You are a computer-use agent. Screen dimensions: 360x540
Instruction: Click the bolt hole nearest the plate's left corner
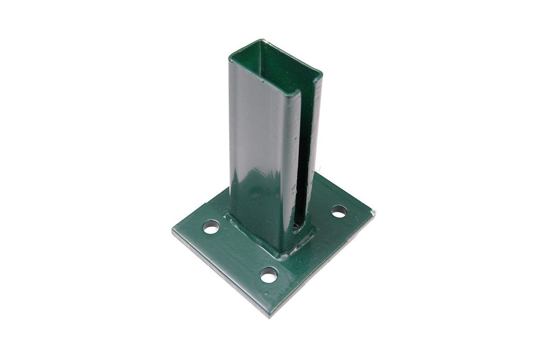pyautogui.click(x=211, y=227)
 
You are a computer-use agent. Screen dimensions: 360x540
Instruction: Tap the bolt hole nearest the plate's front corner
pyautogui.click(x=269, y=275)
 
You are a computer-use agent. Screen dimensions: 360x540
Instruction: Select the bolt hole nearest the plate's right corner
pyautogui.click(x=338, y=211)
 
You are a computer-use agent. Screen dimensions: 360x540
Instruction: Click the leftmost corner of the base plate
pyautogui.click(x=172, y=231)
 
